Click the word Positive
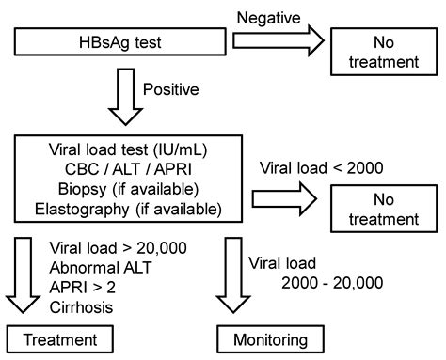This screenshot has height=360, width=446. click(169, 91)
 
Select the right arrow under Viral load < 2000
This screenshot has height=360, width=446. click(294, 198)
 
